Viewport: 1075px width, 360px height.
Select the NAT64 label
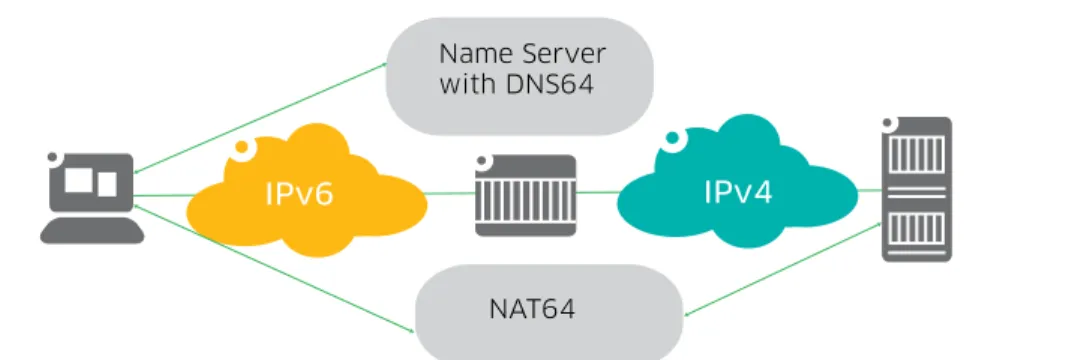(x=532, y=309)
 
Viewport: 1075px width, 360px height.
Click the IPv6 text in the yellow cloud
(x=299, y=193)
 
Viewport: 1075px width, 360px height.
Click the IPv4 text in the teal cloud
(x=738, y=192)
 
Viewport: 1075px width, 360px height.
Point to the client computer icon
(x=91, y=197)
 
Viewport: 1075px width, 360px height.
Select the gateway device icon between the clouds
(x=526, y=195)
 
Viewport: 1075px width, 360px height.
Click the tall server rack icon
(x=917, y=189)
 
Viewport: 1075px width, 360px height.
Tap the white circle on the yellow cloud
(x=241, y=147)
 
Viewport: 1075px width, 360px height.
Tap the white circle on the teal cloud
(x=673, y=138)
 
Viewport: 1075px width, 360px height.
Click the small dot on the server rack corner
(x=889, y=123)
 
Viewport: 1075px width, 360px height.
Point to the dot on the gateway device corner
(x=482, y=162)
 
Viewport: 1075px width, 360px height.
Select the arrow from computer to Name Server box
(x=261, y=118)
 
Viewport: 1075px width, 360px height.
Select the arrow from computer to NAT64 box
(x=274, y=268)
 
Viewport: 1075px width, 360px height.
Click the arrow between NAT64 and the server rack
(x=783, y=269)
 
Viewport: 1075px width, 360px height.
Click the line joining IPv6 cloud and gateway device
(x=450, y=193)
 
